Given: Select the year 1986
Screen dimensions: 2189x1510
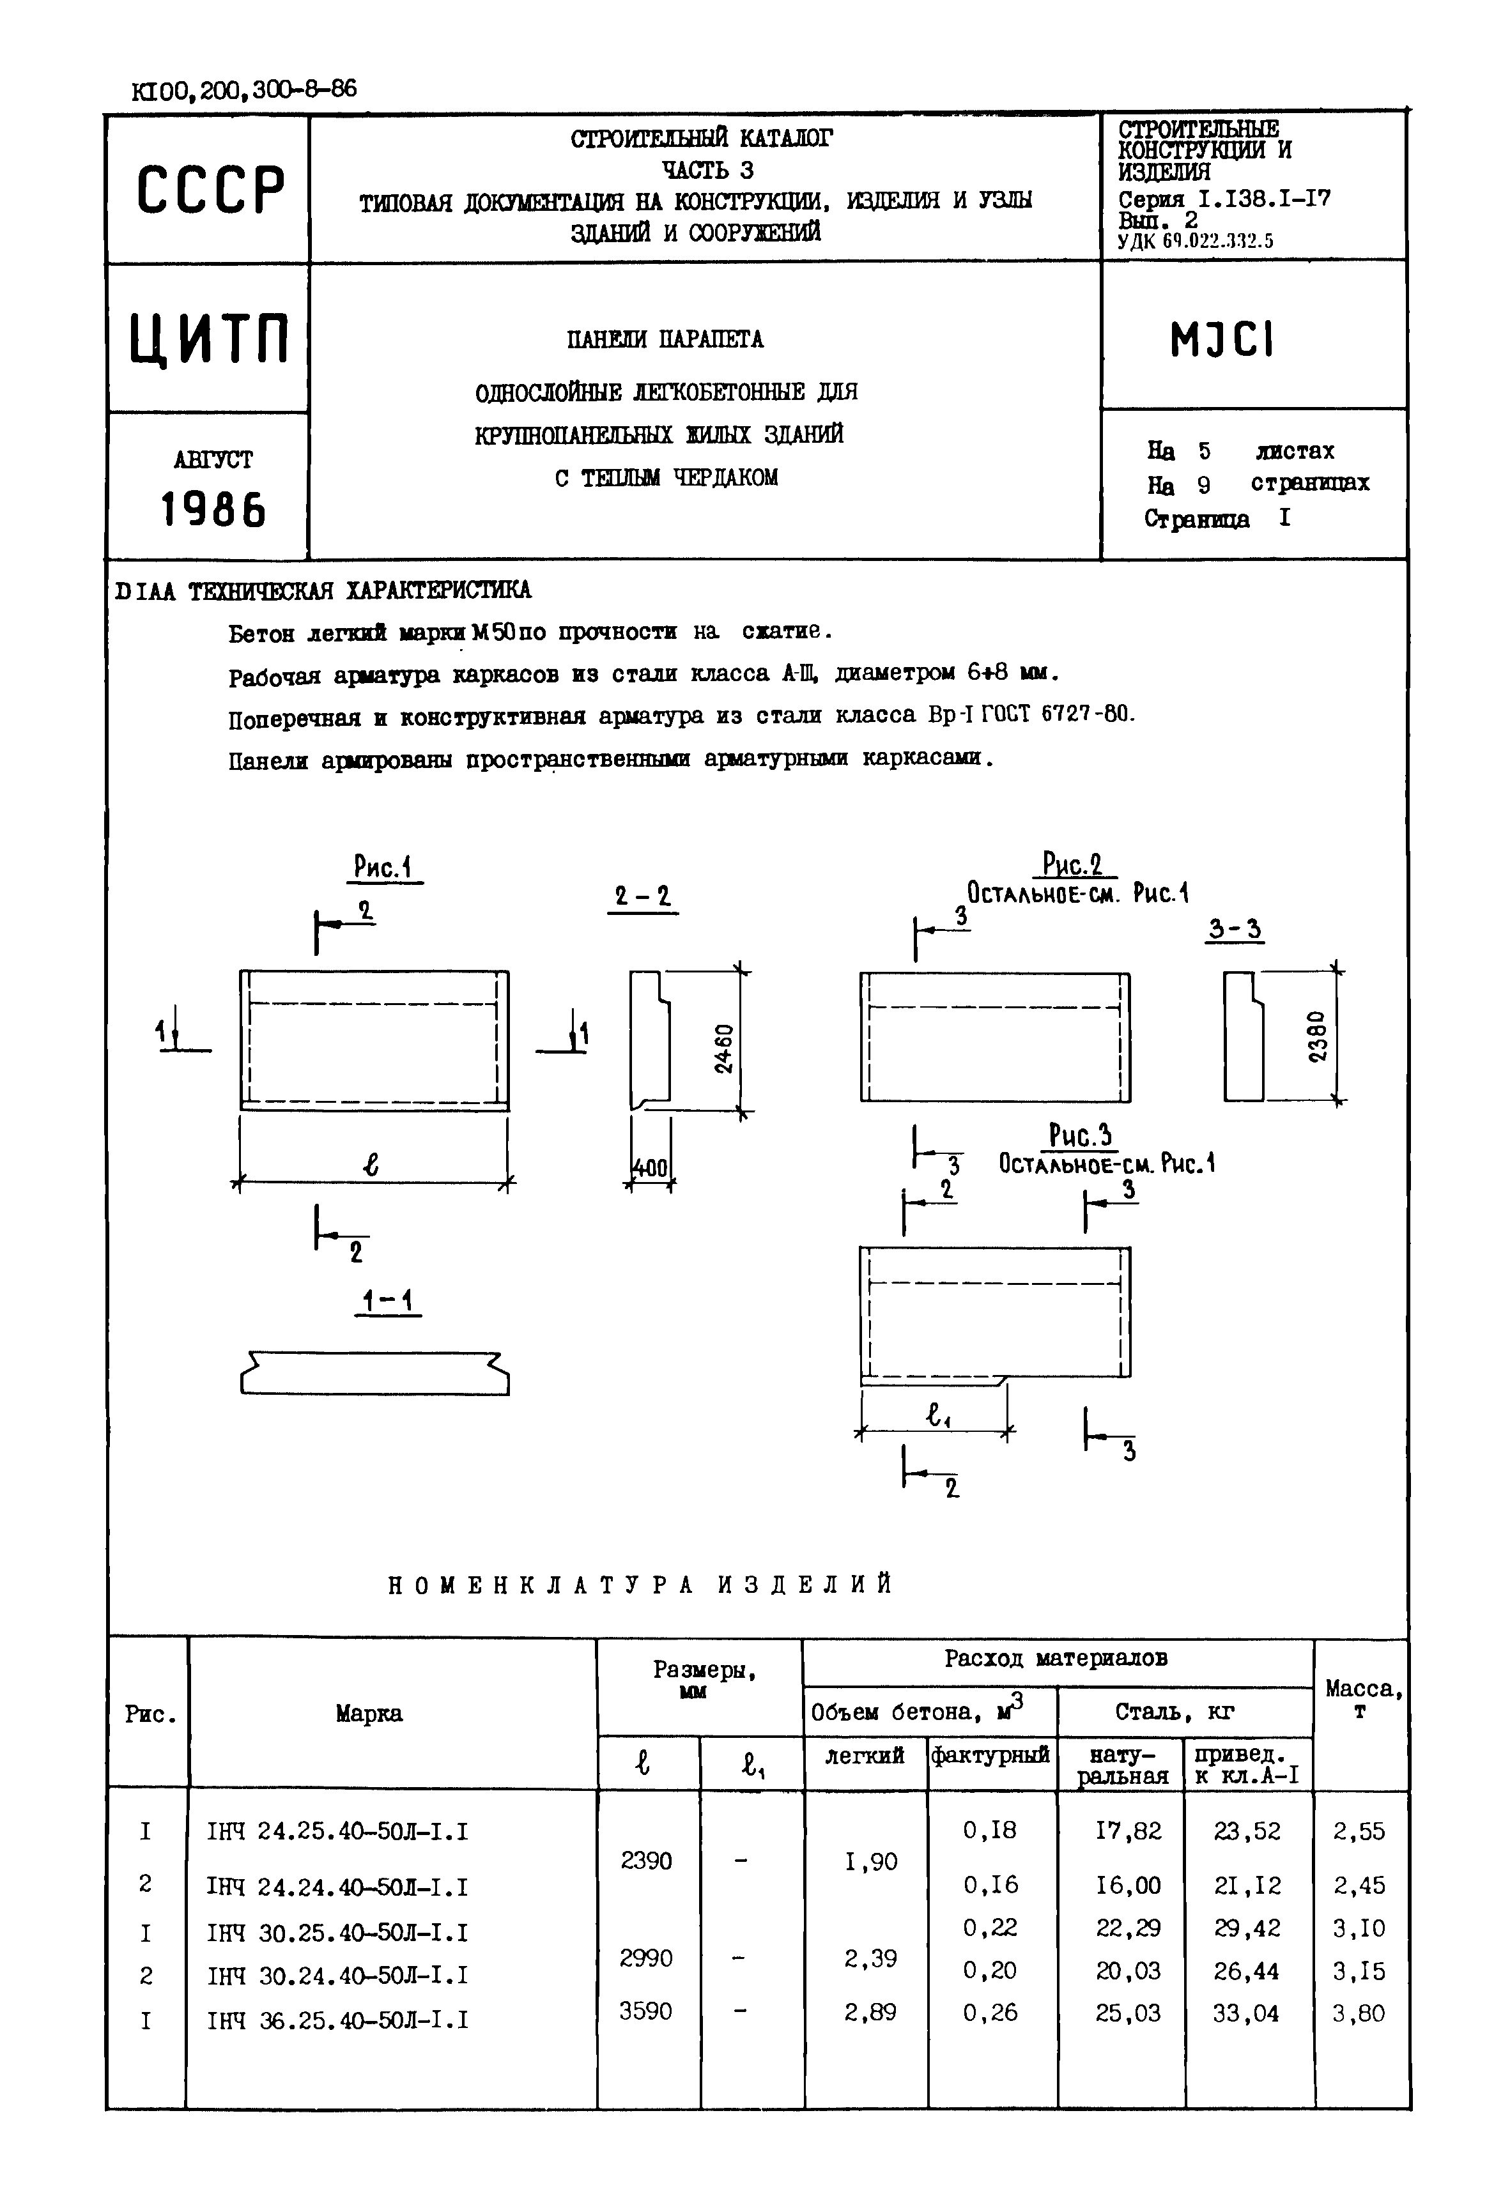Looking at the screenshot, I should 213,511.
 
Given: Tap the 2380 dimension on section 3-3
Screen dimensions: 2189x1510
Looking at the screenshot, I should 1318,1038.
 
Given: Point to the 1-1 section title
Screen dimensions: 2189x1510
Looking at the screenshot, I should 388,1303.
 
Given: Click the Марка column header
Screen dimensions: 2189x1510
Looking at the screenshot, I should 369,1713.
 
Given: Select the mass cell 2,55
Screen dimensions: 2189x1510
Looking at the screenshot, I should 1359,1831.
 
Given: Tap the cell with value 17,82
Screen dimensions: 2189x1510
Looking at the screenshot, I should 1128,1831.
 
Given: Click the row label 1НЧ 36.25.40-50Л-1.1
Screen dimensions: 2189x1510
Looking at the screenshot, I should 337,2020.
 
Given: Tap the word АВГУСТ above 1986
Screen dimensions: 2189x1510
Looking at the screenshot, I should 213,461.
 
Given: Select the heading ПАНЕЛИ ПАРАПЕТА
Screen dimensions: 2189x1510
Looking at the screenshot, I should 665,340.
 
